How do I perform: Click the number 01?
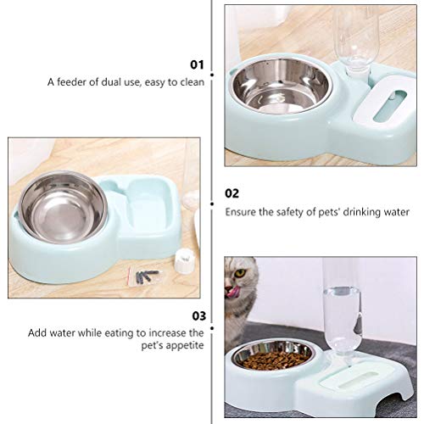point(198,63)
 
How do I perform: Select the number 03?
point(197,315)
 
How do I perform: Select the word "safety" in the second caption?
point(297,215)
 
